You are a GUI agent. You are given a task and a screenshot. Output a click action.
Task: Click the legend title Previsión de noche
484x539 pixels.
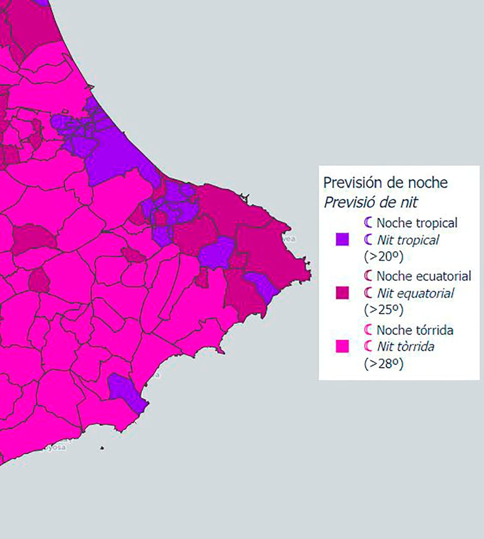385,182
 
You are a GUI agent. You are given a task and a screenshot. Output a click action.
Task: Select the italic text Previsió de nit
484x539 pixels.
370,202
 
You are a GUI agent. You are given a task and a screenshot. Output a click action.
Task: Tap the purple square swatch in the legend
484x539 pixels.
342,239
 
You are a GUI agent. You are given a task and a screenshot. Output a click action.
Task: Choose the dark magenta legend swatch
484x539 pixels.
342,293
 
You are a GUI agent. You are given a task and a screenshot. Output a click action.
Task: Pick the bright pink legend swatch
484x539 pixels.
342,346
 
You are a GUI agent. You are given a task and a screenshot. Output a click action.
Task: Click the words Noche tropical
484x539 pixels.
417,223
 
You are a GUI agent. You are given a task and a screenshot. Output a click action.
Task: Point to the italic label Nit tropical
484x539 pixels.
408,240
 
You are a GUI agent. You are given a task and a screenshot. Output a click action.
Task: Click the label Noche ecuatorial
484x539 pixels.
423,276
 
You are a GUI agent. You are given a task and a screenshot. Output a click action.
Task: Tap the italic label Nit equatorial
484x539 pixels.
415,293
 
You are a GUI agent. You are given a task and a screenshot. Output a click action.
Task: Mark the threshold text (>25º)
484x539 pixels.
384,309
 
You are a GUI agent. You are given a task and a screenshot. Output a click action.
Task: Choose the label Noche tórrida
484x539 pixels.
415,330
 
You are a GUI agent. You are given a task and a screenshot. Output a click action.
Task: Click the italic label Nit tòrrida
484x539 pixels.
406,346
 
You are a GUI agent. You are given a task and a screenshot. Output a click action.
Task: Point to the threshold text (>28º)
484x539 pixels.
384,363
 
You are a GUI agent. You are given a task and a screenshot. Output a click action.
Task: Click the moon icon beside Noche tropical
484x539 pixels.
368,222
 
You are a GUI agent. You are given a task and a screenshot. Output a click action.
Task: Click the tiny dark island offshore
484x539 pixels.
102,448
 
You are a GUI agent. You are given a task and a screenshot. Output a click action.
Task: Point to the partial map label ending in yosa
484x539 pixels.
55,447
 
